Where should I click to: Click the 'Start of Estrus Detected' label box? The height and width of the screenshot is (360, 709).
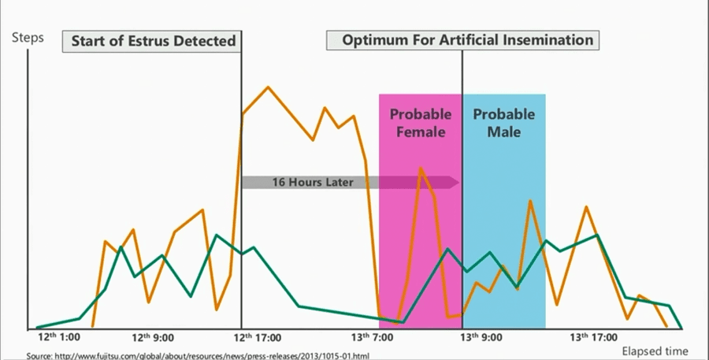click(151, 41)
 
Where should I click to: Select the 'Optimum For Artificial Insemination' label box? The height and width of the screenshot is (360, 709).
click(463, 40)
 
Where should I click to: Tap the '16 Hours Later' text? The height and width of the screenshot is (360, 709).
click(313, 182)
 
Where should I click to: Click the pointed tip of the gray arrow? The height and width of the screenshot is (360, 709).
click(459, 182)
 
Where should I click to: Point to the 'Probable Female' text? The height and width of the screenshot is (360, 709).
click(421, 123)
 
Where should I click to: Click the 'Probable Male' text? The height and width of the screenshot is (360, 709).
click(503, 123)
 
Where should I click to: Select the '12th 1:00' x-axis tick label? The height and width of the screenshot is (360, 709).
click(59, 337)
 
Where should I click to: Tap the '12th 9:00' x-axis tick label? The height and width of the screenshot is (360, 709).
click(152, 337)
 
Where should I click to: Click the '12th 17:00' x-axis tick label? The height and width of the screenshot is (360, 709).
click(258, 337)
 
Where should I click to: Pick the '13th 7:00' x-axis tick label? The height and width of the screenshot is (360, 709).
click(373, 337)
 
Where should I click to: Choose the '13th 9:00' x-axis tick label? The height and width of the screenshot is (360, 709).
click(481, 337)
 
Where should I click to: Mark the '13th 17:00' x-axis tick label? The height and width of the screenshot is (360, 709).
click(593, 337)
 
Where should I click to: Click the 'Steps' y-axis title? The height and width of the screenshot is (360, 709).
click(28, 38)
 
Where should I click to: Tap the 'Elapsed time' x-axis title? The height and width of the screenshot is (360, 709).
click(655, 351)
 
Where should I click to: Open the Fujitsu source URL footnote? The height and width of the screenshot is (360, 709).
click(198, 356)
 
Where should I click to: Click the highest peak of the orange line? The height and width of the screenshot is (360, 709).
click(268, 87)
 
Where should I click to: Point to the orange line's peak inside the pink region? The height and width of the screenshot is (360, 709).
click(421, 169)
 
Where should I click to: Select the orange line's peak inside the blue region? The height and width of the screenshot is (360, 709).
click(530, 201)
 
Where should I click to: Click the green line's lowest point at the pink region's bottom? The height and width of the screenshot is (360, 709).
click(403, 322)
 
